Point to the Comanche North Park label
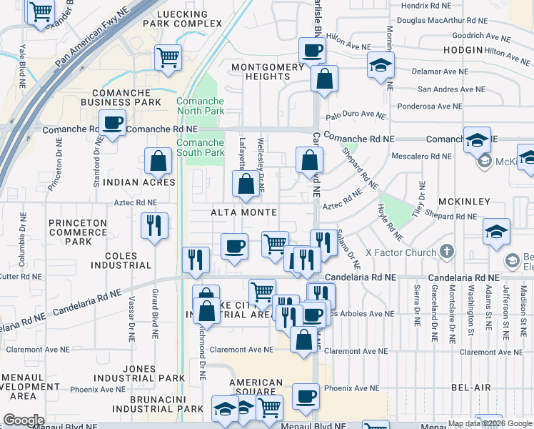[x=201, y=107]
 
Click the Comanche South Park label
[x=201, y=147]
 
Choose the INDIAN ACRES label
[x=139, y=182]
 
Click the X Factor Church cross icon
[x=447, y=251]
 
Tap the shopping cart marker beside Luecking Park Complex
[x=168, y=56]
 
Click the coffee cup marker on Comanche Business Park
[x=112, y=122]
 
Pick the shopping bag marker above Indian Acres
[x=158, y=162]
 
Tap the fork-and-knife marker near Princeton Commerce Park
[x=154, y=226]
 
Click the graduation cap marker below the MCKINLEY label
[x=496, y=232]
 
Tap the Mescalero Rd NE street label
[x=421, y=155]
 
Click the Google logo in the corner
[x=24, y=420]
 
